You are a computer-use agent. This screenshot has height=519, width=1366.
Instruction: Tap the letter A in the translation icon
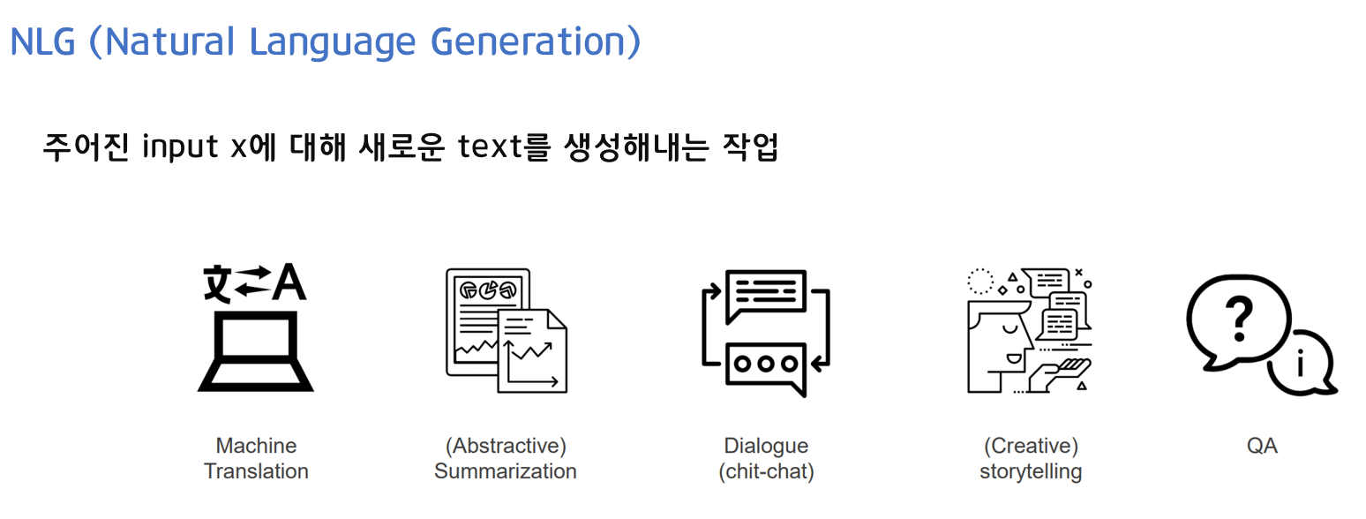tap(289, 282)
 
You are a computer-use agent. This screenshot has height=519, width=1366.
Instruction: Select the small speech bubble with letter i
tap(1301, 364)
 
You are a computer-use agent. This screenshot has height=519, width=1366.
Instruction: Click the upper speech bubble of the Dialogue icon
tap(765, 293)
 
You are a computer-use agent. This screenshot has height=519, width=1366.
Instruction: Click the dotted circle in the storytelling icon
tap(980, 281)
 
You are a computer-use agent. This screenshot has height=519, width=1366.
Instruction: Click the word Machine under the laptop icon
tap(256, 446)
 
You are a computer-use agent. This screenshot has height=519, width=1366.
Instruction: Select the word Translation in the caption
tap(256, 471)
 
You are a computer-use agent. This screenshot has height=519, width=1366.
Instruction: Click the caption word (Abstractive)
tap(506, 446)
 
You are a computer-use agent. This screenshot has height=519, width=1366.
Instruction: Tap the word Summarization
tap(506, 471)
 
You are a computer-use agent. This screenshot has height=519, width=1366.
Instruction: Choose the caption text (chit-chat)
tap(766, 472)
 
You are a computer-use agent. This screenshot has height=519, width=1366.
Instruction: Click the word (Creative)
tap(1031, 446)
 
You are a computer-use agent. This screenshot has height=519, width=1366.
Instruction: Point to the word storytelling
tap(1031, 471)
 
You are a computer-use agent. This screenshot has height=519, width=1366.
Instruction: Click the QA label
tap(1262, 446)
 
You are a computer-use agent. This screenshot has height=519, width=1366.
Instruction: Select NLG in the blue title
tap(42, 41)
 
